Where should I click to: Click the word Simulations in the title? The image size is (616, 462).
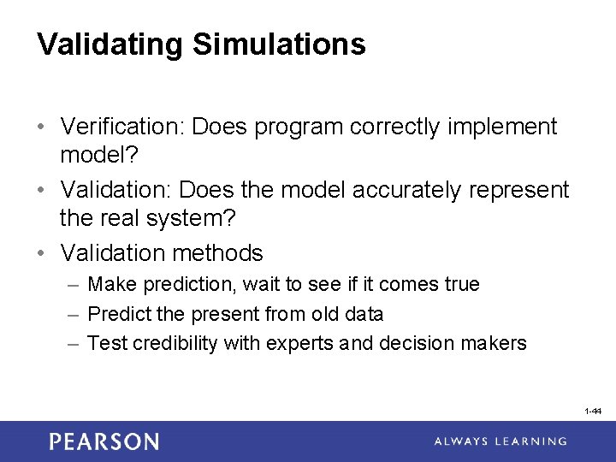[x=279, y=44]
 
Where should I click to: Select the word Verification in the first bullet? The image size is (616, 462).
[x=122, y=127]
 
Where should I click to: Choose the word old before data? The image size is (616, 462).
[x=317, y=314]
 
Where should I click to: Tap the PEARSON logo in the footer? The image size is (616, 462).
[x=104, y=441]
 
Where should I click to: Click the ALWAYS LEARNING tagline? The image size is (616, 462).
[x=500, y=441]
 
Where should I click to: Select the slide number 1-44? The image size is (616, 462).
[x=593, y=412]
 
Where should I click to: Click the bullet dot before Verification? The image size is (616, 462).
[x=42, y=127]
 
